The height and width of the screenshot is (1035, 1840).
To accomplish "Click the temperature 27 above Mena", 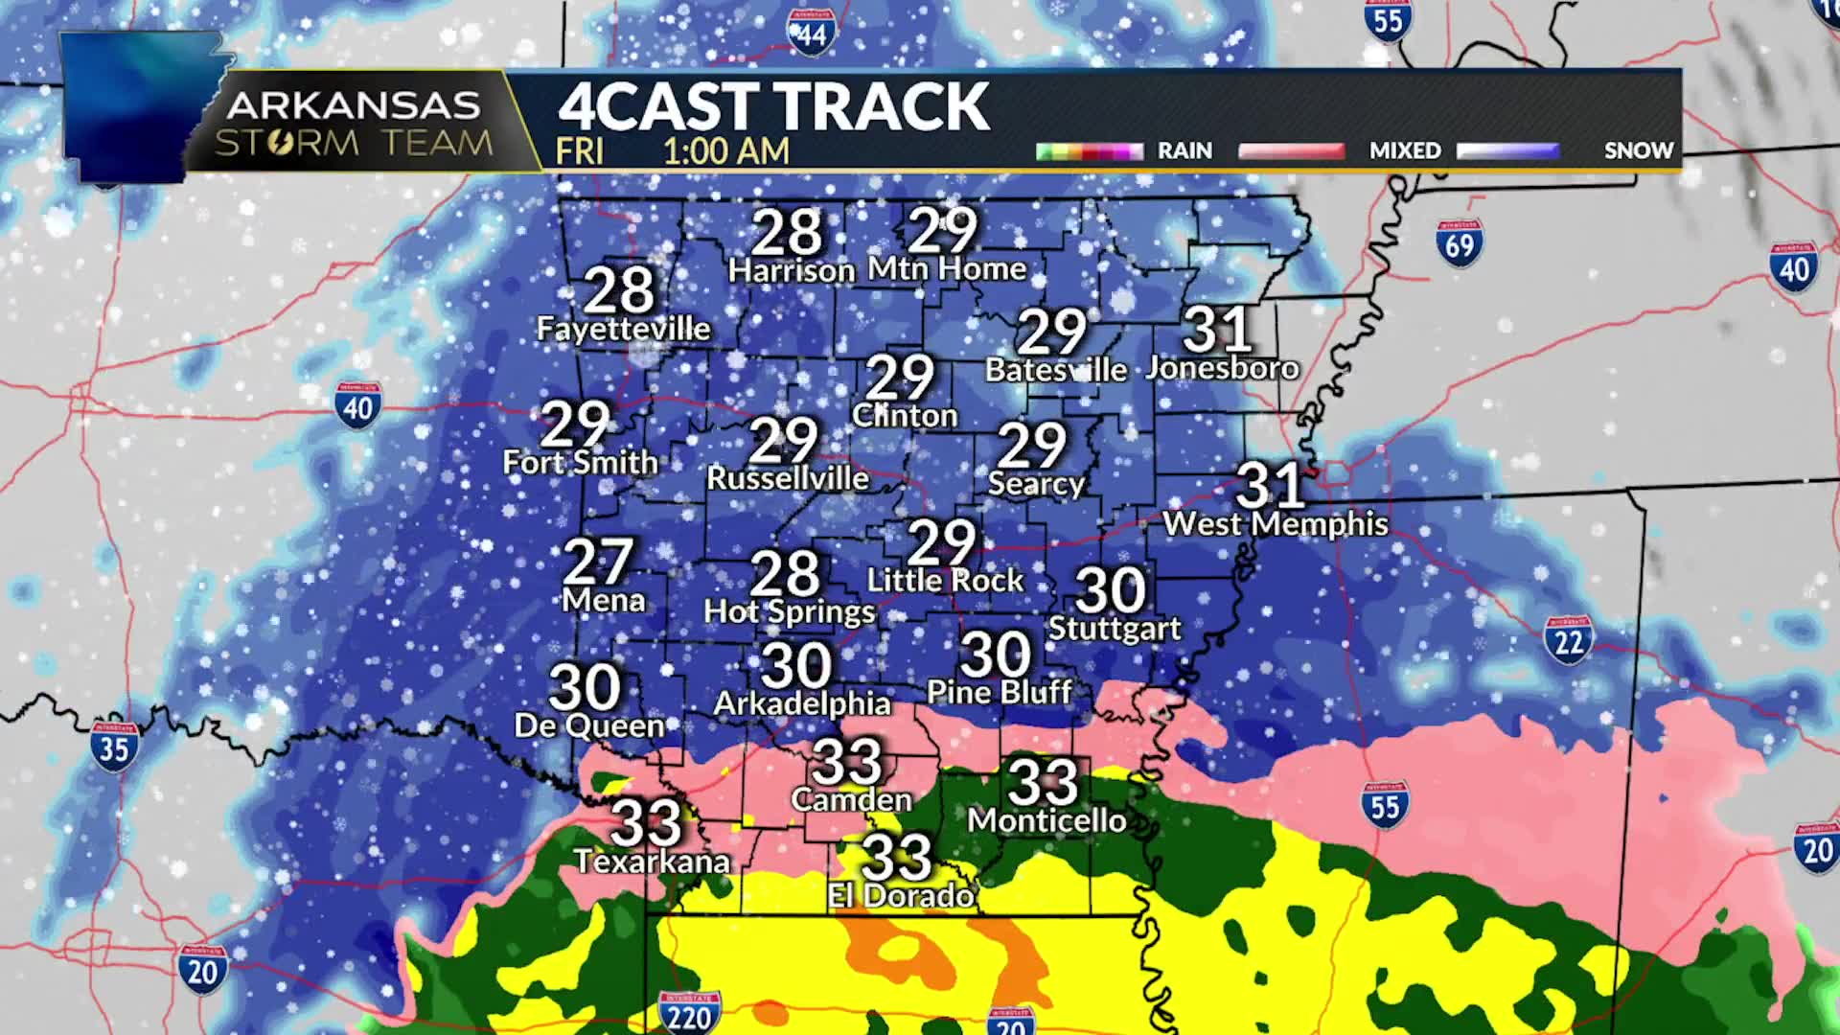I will [x=598, y=562].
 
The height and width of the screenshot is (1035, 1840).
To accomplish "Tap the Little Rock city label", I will [x=945, y=580].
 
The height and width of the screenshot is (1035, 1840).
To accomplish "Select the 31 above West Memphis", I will [x=1270, y=486].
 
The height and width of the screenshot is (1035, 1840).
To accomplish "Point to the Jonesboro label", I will [x=1222, y=368].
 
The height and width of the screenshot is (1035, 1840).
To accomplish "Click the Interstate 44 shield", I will [x=811, y=34].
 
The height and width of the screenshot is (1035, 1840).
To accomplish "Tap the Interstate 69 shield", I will [x=1459, y=244].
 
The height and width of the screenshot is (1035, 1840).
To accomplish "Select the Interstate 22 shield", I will [x=1568, y=640].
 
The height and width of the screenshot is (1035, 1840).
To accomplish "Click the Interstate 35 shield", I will [x=114, y=747].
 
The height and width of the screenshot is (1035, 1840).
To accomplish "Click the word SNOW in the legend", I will [x=1638, y=150].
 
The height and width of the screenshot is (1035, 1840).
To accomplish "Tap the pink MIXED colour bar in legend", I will [x=1291, y=150].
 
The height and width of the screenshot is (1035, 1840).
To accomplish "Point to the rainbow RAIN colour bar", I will [x=1090, y=150].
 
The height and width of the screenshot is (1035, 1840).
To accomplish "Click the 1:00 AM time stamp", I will [x=725, y=150].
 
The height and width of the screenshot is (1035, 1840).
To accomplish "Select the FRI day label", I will [x=579, y=150].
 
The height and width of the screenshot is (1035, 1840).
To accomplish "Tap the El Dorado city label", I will [x=901, y=895].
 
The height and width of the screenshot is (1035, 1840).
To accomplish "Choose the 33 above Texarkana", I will [x=646, y=822].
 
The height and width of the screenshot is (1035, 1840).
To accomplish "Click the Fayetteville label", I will [x=623, y=329].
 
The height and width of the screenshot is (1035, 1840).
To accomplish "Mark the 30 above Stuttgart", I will [x=1110, y=590].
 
